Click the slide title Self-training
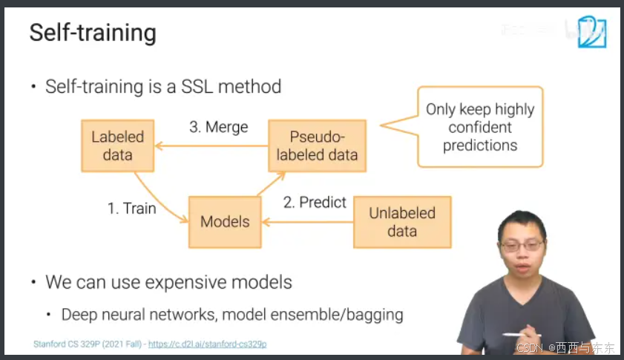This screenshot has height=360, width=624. (x=93, y=33)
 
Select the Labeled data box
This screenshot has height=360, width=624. (x=117, y=145)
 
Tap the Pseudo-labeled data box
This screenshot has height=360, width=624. (x=317, y=145)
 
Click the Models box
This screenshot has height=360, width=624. (x=225, y=222)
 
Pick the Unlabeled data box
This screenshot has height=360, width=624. (x=402, y=222)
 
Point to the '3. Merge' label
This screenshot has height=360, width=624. (x=218, y=127)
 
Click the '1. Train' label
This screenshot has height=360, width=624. (x=132, y=209)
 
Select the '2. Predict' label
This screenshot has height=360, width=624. (x=315, y=202)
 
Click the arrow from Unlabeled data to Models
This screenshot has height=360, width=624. (x=307, y=222)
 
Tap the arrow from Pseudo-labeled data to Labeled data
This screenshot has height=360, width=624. (x=211, y=145)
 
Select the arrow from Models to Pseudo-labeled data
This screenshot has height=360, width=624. (x=271, y=184)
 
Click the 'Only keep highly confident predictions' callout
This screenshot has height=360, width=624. (x=480, y=127)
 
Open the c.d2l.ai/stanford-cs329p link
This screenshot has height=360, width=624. (x=207, y=344)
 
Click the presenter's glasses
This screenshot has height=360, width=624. (x=521, y=244)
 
